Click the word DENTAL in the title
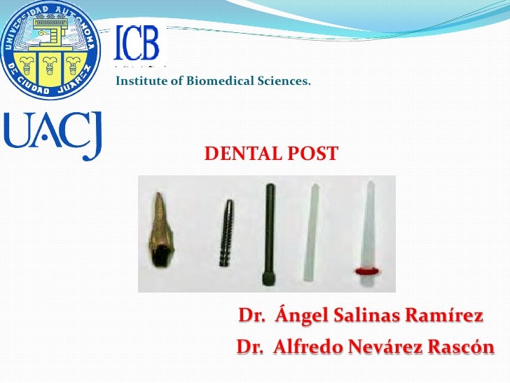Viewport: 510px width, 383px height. point(238,153)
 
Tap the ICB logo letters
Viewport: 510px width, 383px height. point(137,43)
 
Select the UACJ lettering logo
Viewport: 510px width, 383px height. point(54,135)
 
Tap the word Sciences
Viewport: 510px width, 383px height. point(284,83)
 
